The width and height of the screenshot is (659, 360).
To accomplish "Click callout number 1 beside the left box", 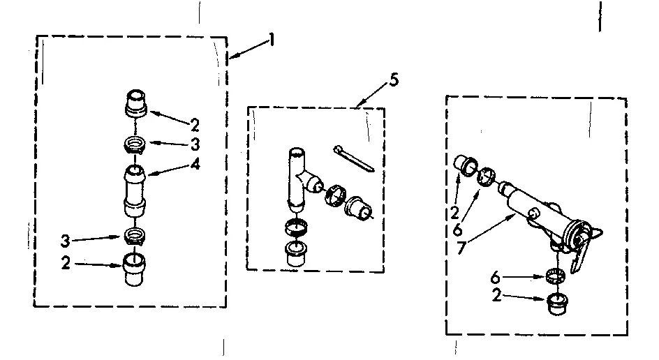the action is [x=272, y=40].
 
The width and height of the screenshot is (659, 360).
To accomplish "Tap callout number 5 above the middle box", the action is [x=394, y=80].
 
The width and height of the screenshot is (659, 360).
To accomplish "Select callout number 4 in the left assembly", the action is [x=195, y=165].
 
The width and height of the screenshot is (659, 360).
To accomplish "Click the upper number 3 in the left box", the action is [x=195, y=145].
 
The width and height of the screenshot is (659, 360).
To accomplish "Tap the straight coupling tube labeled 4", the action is [x=135, y=188].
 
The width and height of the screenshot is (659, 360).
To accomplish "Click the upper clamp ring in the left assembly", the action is [x=135, y=146].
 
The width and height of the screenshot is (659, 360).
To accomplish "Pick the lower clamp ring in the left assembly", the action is [x=134, y=235].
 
